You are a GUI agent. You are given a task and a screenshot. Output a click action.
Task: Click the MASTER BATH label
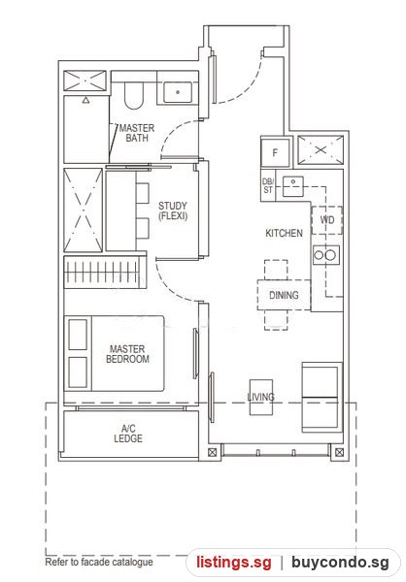[x=136, y=133]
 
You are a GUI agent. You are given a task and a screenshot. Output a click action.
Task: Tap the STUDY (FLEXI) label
[x=173, y=210]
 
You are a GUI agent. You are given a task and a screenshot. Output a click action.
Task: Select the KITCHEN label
[x=284, y=233]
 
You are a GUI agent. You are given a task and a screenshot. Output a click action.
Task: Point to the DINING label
[x=284, y=295]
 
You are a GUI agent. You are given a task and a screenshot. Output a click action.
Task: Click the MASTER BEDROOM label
[x=127, y=354]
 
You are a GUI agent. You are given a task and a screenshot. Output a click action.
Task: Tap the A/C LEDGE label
[x=128, y=434]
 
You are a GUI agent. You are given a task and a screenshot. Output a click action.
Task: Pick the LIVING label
[x=260, y=397]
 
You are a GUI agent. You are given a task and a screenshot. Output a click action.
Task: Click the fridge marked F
[x=275, y=152]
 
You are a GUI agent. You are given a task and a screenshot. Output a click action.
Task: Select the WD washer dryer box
[x=326, y=220]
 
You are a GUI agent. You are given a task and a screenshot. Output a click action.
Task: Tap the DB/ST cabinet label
[x=268, y=185]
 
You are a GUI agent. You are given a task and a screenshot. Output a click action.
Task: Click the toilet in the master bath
[x=133, y=95]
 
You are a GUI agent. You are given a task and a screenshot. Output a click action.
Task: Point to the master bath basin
[x=178, y=92]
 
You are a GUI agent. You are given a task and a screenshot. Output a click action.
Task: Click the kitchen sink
[x=293, y=186]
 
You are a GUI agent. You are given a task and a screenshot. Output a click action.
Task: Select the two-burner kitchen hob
[x=326, y=255]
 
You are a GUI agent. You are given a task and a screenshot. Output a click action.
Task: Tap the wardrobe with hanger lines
[x=105, y=273]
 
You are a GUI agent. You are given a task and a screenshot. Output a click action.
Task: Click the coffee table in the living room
[x=261, y=397]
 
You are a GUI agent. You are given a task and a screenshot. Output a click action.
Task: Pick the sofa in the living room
[x=321, y=397]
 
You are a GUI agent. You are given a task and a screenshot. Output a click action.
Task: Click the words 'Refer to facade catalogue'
[x=99, y=562]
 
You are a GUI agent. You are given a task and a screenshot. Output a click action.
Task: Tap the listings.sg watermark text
[x=234, y=563]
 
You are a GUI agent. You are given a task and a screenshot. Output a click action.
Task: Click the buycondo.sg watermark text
[x=340, y=563]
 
